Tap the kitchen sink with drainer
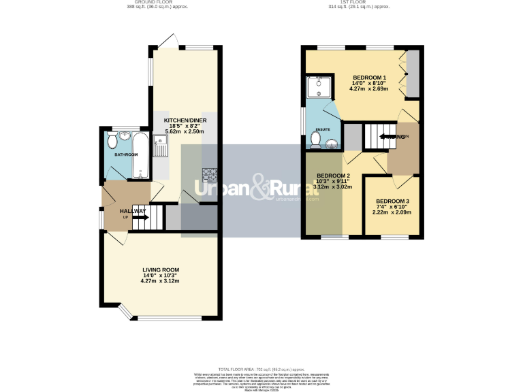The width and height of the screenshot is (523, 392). coord(161,145)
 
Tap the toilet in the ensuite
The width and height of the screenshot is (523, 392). coord(315,139)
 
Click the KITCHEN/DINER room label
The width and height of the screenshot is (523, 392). coord(185,120)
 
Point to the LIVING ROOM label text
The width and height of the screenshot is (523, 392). coord(160,269)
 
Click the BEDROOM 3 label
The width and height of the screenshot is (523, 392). coord(392,201)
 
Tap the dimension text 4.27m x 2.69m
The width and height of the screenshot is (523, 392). coord(368,88)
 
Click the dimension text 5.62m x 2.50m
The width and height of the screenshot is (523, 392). coord(185,131)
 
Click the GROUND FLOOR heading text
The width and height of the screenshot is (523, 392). coord(157,3)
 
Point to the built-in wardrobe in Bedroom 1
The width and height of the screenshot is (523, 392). coord(413,74)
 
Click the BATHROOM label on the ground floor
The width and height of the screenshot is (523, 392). coord(125,154)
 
